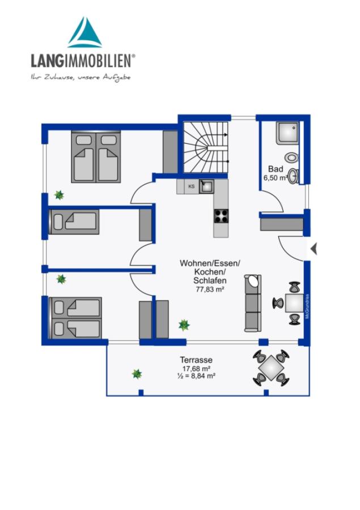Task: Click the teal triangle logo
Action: [x=84, y=32]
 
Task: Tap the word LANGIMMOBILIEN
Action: [x=82, y=61]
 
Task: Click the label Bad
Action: [x=276, y=169]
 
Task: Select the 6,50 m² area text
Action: [x=276, y=178]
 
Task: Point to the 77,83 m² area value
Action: [x=210, y=289]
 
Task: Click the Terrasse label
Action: [x=196, y=360]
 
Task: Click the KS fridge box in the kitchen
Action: [x=192, y=186]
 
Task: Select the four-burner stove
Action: [x=221, y=216]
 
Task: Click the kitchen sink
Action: [x=206, y=186]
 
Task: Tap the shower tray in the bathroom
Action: [x=287, y=133]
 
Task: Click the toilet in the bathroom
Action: [x=291, y=158]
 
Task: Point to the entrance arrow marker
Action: [x=314, y=249]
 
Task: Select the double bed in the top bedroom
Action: [x=96, y=156]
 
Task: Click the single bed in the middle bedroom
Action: [x=74, y=222]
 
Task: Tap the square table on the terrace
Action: [x=271, y=368]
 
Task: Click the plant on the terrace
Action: [x=137, y=374]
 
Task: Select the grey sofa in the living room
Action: [x=253, y=303]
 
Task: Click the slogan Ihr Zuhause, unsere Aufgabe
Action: [x=81, y=78]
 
